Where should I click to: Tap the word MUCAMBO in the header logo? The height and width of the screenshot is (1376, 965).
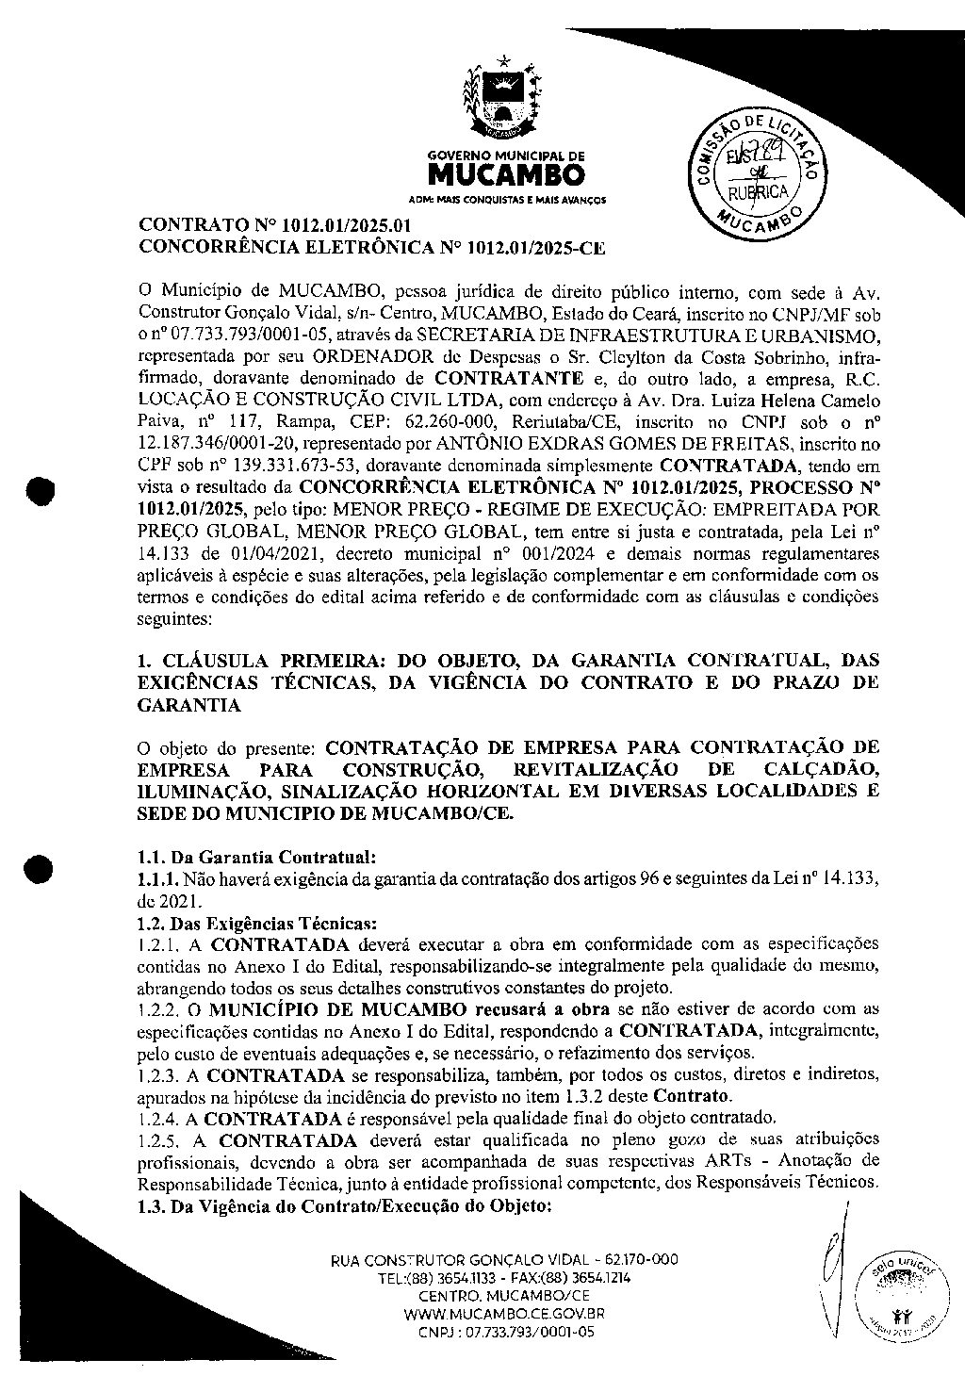506,176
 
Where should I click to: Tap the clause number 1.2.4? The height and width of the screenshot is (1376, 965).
158,1119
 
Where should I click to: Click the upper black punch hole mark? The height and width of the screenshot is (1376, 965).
41,491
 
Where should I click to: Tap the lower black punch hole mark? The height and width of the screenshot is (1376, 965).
41,867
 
